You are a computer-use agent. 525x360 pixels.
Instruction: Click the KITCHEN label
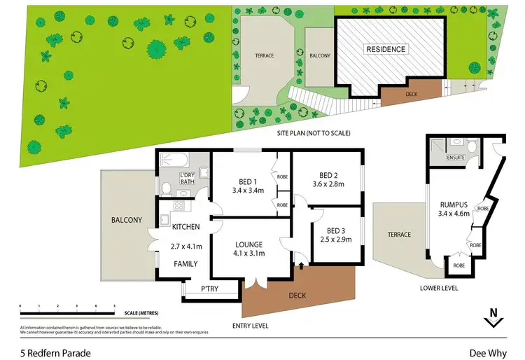coord(185,226)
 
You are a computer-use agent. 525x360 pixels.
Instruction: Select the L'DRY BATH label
coord(187,179)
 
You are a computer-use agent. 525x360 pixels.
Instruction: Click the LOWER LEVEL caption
coord(440,287)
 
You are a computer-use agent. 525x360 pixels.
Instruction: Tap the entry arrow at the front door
coord(302,265)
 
